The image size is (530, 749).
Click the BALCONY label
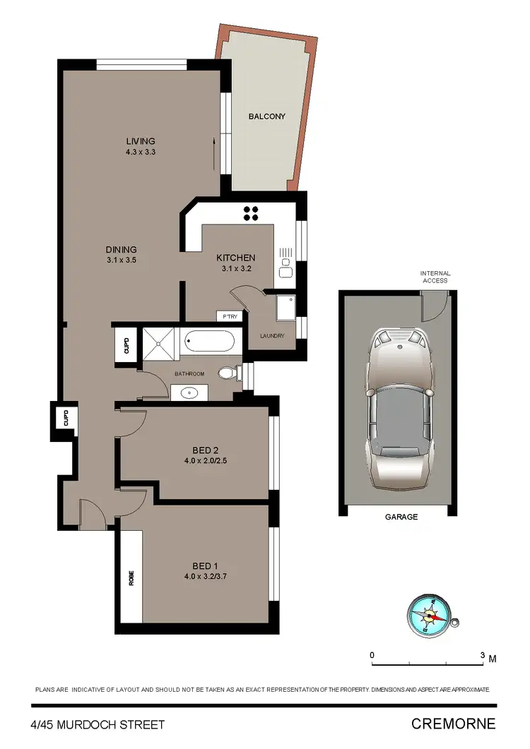[x=266, y=116]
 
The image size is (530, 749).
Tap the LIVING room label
[x=140, y=141]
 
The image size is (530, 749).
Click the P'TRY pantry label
[x=230, y=317]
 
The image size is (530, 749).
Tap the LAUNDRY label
[x=272, y=336]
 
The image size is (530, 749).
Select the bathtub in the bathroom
[x=208, y=343]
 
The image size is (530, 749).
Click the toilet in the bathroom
[x=228, y=372]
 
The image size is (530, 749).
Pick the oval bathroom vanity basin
[x=189, y=393]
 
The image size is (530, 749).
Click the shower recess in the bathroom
[x=161, y=343]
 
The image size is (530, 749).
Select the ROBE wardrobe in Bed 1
[x=131, y=577]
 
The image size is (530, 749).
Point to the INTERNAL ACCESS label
[x=435, y=277]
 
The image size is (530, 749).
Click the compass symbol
[x=428, y=613]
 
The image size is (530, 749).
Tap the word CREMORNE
[x=453, y=724]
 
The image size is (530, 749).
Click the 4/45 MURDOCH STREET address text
[x=98, y=724]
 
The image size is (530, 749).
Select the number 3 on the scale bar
[x=483, y=656]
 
